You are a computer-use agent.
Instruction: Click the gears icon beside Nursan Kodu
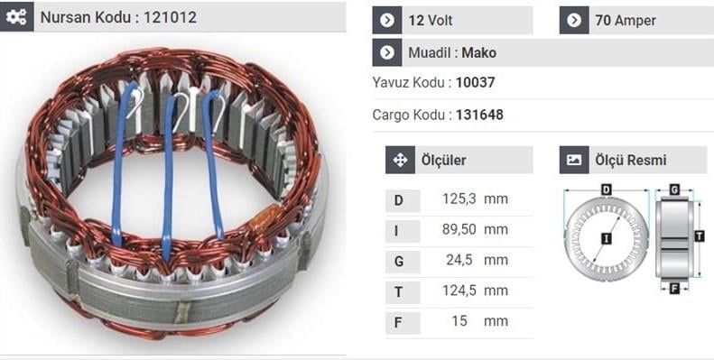click(16, 17)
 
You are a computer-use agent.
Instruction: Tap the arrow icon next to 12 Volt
click(387, 20)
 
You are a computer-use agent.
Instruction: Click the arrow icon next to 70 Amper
click(574, 20)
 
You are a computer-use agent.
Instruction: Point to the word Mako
click(479, 52)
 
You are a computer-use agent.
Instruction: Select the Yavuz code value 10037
click(475, 82)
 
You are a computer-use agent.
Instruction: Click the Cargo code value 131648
click(479, 115)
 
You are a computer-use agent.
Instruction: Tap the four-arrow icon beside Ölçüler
click(399, 160)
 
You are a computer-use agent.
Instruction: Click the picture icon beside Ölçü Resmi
click(573, 160)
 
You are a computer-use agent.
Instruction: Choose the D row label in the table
click(399, 199)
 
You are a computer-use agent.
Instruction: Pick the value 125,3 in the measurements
click(458, 199)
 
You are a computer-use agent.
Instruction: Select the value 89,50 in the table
click(458, 229)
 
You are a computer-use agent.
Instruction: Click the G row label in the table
click(399, 260)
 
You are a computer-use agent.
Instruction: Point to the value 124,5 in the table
click(458, 291)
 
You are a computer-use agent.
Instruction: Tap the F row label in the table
click(399, 320)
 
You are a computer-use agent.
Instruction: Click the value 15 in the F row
click(459, 320)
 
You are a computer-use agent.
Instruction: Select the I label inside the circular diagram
click(606, 237)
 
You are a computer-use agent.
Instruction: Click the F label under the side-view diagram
click(674, 289)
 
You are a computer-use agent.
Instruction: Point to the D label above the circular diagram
click(607, 189)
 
